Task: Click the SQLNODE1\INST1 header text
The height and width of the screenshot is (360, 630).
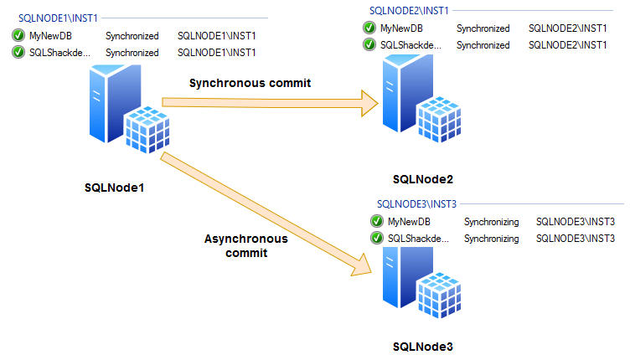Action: point(54,16)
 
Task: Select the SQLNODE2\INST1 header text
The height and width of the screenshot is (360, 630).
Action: point(409,10)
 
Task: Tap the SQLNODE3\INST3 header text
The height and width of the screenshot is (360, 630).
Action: point(416,203)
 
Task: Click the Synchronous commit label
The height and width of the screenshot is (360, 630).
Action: point(250,83)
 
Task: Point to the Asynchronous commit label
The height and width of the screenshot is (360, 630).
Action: point(246,245)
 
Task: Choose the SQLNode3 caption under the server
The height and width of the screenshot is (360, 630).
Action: point(423,346)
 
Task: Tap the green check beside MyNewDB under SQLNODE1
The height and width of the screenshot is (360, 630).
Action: point(18,36)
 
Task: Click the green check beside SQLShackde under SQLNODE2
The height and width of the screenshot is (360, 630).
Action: point(369,44)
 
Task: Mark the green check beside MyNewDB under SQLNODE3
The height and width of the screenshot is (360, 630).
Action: point(377,222)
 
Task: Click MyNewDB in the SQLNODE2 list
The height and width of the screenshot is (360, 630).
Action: point(401,28)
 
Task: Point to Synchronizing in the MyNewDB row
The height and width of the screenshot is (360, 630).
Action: point(492,222)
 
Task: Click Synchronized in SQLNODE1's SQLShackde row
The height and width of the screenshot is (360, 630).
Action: point(132,53)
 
